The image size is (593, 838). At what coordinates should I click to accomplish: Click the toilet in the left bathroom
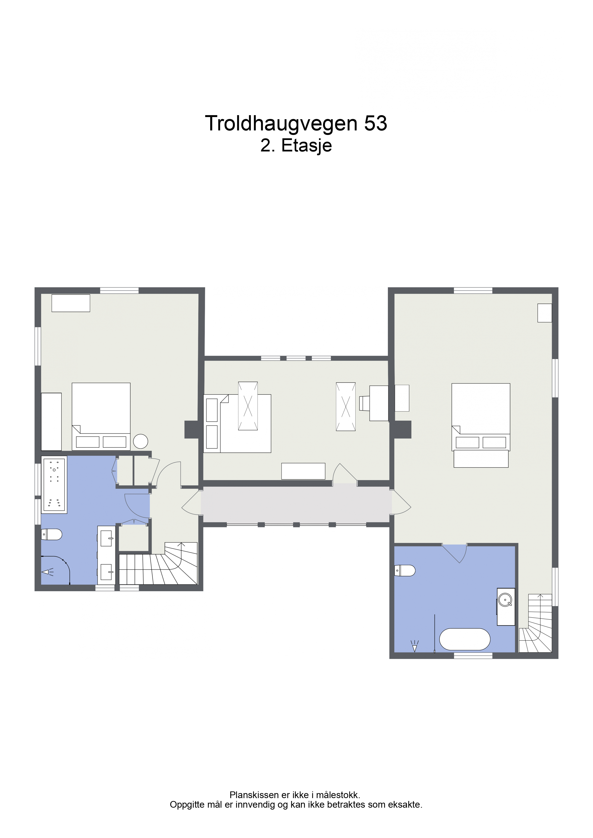pyautogui.click(x=51, y=535)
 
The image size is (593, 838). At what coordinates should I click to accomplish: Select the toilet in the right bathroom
pyautogui.click(x=405, y=570)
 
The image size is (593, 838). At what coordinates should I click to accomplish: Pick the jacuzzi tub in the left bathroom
pyautogui.click(x=54, y=485)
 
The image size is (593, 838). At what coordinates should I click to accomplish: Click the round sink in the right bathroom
pyautogui.click(x=505, y=600)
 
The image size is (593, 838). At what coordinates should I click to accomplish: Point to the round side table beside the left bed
pyautogui.click(x=141, y=441)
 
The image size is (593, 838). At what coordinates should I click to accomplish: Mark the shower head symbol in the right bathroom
pyautogui.click(x=414, y=646)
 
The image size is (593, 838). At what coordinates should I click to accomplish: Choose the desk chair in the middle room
pyautogui.click(x=364, y=403)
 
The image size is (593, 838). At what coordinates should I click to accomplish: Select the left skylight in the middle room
pyautogui.click(x=248, y=406)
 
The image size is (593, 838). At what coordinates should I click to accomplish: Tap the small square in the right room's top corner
pyautogui.click(x=544, y=313)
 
